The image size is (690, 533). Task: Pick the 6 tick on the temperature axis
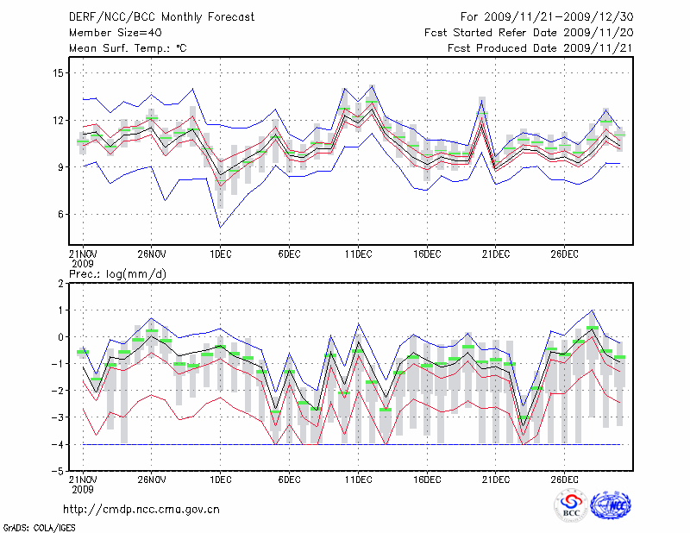coord(60,214)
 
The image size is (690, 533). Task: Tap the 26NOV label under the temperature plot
coord(151,254)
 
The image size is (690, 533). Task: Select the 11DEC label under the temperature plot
coord(358,254)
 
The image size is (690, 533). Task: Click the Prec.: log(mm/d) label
coord(113,273)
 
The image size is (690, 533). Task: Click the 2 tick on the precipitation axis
coord(61,283)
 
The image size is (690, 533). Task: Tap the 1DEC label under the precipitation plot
coord(220,480)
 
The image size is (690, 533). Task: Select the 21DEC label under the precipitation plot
coord(495,480)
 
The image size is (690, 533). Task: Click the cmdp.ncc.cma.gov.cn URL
coord(141,509)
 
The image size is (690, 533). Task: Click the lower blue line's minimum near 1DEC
coord(220,228)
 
